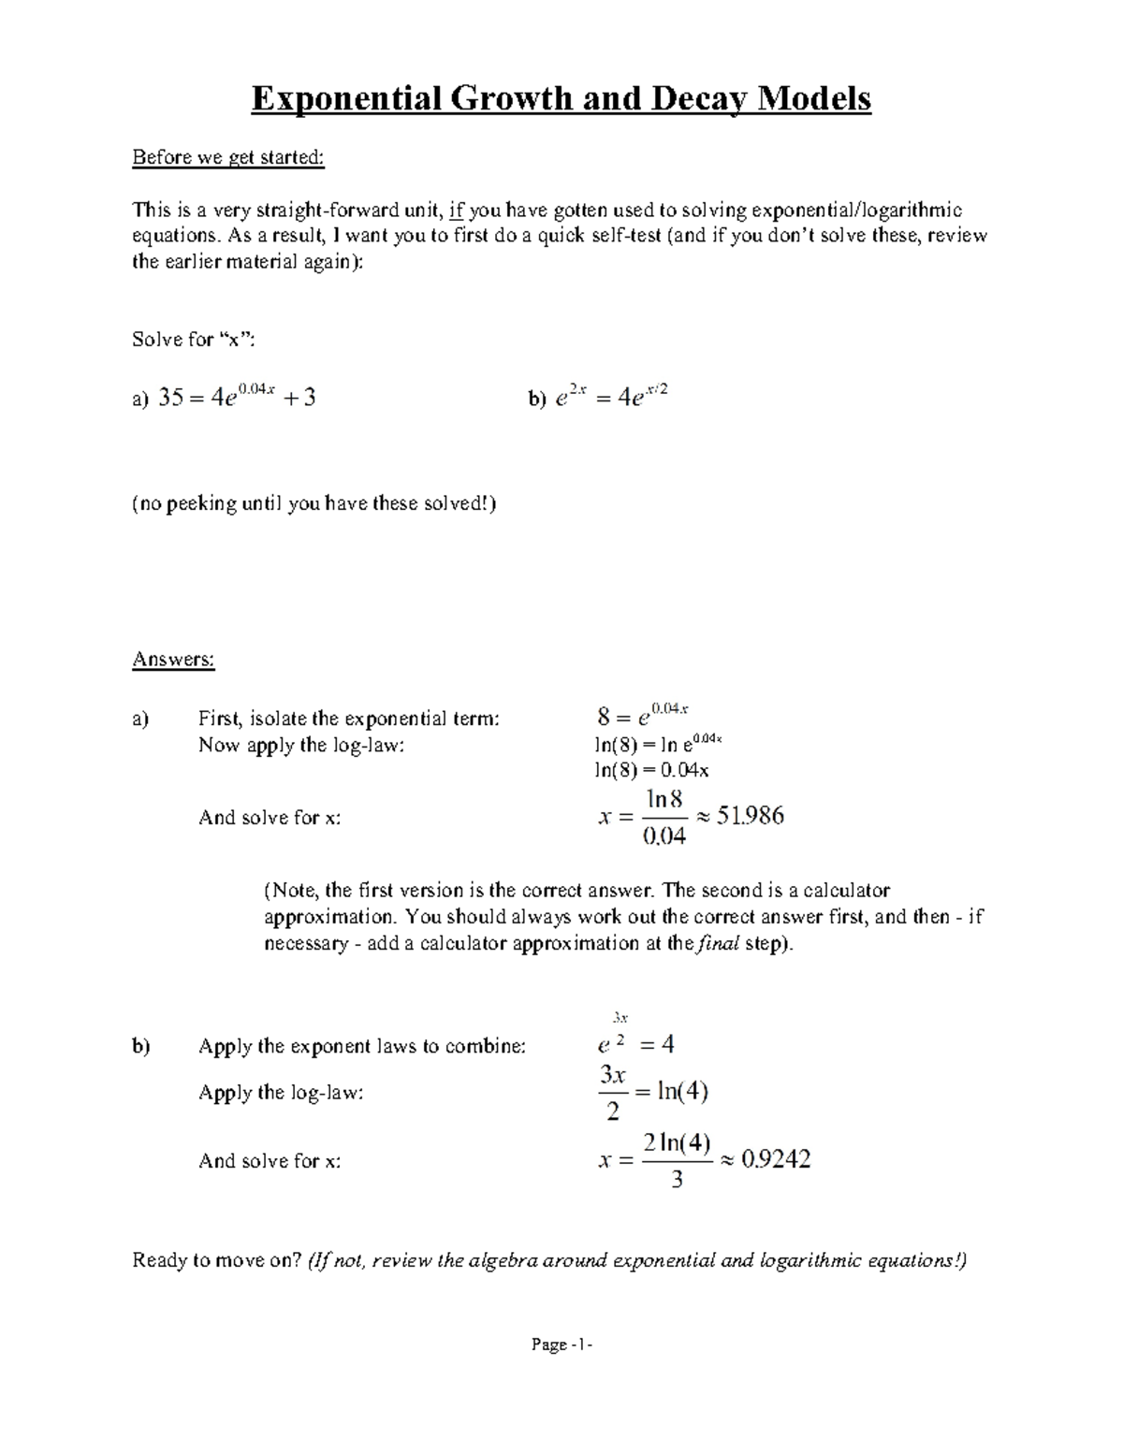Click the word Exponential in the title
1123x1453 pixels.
click(345, 98)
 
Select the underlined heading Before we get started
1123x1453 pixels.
click(228, 157)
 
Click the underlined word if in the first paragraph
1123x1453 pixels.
click(457, 210)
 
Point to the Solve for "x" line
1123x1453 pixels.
click(194, 340)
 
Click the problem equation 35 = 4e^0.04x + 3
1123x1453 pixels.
click(237, 398)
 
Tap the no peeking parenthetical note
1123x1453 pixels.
click(314, 504)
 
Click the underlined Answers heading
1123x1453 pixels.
click(173, 660)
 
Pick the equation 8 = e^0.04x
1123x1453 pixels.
click(642, 717)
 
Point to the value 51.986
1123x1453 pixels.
click(750, 817)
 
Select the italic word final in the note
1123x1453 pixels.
click(718, 943)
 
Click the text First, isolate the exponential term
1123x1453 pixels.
click(349, 719)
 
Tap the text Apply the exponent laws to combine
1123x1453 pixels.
click(362, 1047)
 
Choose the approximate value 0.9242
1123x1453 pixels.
click(775, 1160)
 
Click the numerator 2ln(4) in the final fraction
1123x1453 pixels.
click(678, 1143)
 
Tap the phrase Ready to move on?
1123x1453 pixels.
click(217, 1260)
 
